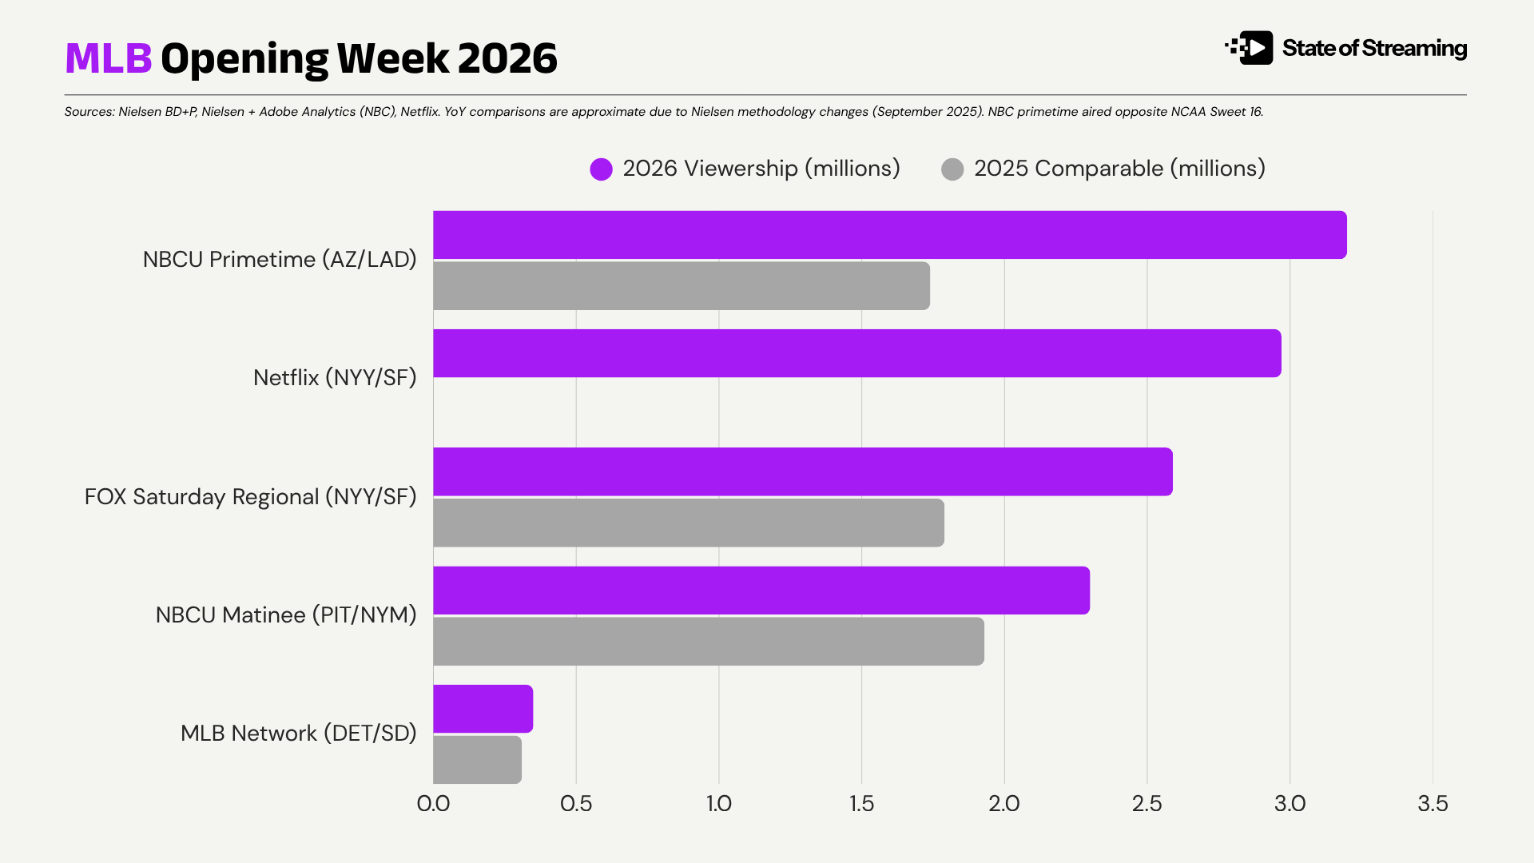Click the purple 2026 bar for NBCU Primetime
(889, 235)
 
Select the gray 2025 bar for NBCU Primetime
(681, 286)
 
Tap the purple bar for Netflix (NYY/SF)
(856, 353)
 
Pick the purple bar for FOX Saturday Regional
(802, 471)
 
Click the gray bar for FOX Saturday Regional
(688, 523)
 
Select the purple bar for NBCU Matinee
(761, 591)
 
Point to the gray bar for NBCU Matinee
(708, 642)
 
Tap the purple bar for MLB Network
(483, 709)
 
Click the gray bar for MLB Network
(477, 760)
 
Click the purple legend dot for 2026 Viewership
(601, 169)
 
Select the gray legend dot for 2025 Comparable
(952, 169)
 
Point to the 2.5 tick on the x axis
(1147, 803)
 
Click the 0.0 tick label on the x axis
(433, 803)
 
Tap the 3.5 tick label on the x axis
(1433, 803)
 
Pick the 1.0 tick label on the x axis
(719, 803)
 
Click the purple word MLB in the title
(108, 58)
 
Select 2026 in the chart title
(507, 58)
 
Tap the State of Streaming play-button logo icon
(1251, 48)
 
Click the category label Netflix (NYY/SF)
(335, 377)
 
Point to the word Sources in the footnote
(89, 112)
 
